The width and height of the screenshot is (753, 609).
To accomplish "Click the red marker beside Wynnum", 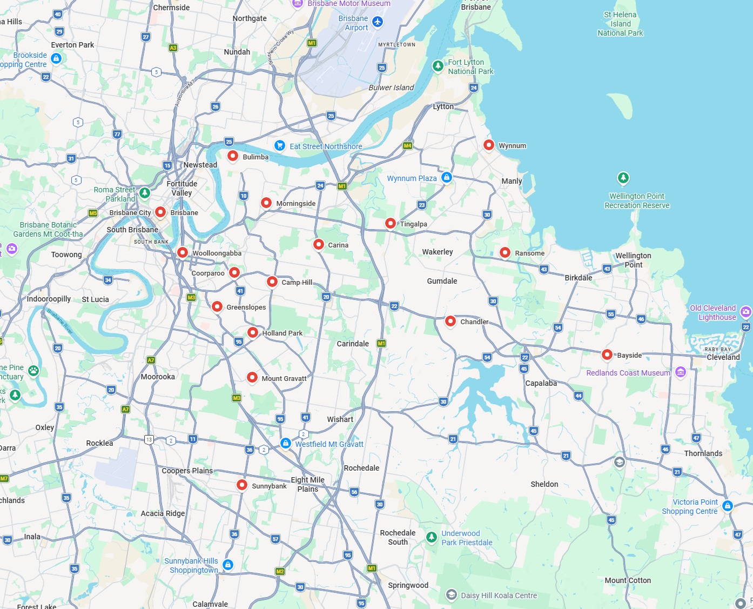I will pyautogui.click(x=488, y=145).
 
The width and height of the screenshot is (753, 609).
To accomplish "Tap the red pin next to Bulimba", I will pyautogui.click(x=233, y=156).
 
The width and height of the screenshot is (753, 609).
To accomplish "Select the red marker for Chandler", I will pyautogui.click(x=451, y=321).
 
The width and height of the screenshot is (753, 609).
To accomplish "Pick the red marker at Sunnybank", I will pyautogui.click(x=242, y=485).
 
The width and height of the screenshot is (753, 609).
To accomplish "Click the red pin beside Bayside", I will pyautogui.click(x=607, y=354).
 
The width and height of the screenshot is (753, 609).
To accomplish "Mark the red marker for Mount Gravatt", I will pyautogui.click(x=252, y=377).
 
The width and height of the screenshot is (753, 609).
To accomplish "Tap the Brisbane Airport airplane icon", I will pyautogui.click(x=378, y=22).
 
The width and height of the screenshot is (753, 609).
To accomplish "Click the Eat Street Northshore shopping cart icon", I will pyautogui.click(x=279, y=145).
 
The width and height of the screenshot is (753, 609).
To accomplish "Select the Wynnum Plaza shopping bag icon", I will pyautogui.click(x=447, y=177).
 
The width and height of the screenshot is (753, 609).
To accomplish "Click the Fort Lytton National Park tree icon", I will pyautogui.click(x=438, y=66).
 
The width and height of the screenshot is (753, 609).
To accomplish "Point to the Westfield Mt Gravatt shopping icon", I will pyautogui.click(x=286, y=443).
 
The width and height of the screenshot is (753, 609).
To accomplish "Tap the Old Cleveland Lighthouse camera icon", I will pyautogui.click(x=746, y=312).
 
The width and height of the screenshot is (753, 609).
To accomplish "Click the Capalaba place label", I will pyautogui.click(x=541, y=383).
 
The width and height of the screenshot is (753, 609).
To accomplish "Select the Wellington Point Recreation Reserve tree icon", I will pyautogui.click(x=623, y=178).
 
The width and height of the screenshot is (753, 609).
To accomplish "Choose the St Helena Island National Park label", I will pyautogui.click(x=620, y=24).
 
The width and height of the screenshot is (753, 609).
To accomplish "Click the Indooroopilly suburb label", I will pyautogui.click(x=49, y=299).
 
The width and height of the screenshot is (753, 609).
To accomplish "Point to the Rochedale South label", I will pyautogui.click(x=398, y=537).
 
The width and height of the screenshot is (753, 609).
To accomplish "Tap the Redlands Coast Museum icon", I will pyautogui.click(x=681, y=372).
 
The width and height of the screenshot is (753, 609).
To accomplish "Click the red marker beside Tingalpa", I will pyautogui.click(x=391, y=223).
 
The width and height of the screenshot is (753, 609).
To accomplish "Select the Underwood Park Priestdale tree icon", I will pyautogui.click(x=431, y=537).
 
